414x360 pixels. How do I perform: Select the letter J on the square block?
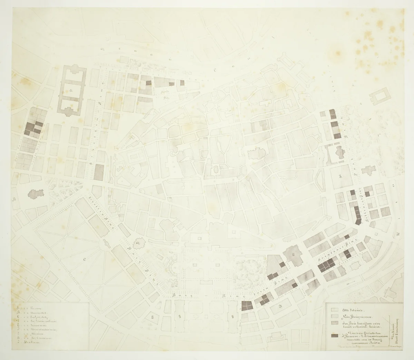(x=340, y=178)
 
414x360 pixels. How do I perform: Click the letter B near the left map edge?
(x=14, y=199)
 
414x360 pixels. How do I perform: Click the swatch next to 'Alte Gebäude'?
(x=334, y=309)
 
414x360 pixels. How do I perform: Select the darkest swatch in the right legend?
(x=334, y=336)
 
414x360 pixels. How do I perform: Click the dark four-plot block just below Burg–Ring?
(x=247, y=305)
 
